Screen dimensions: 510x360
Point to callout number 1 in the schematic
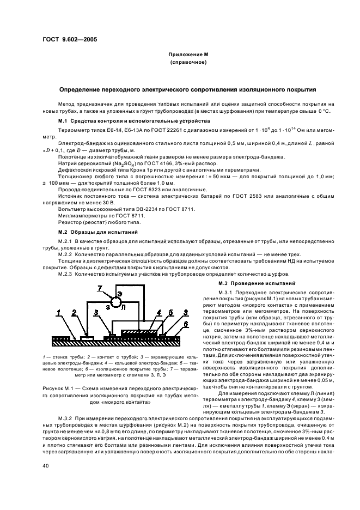[58, 312]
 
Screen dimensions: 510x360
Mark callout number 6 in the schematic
[186, 325]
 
